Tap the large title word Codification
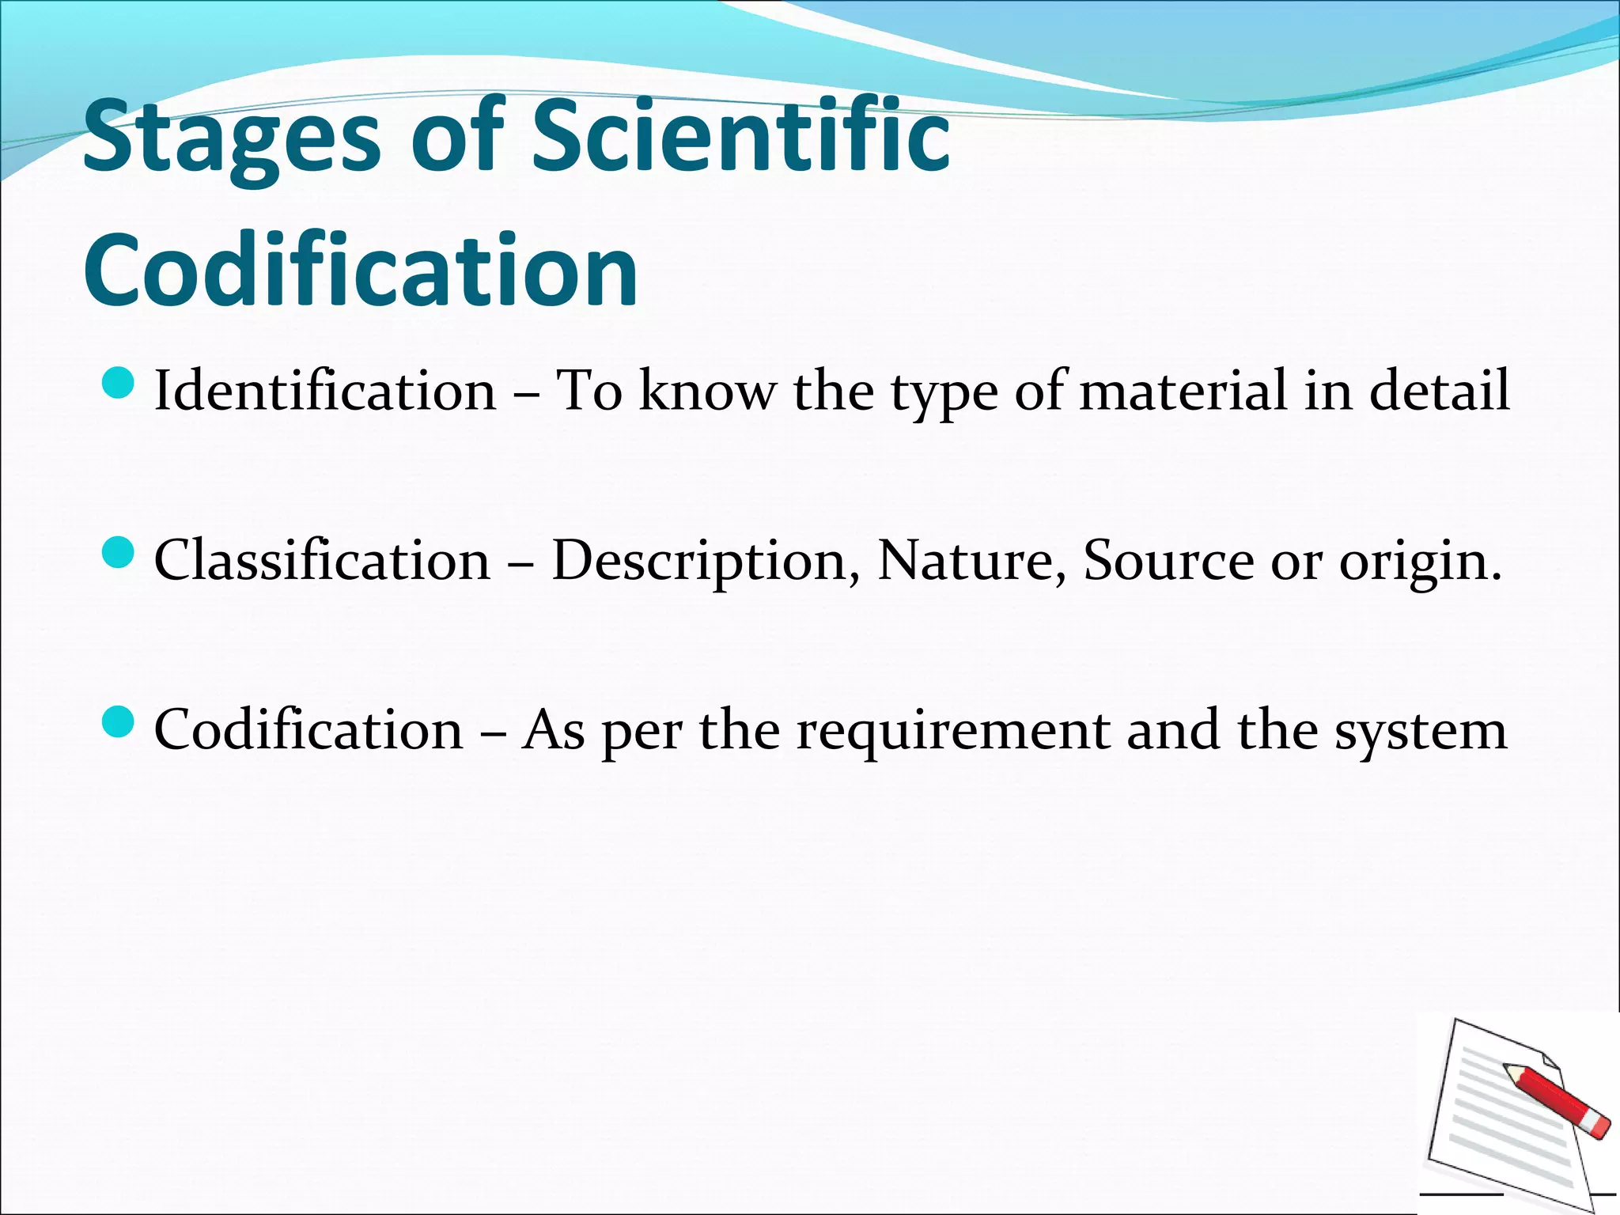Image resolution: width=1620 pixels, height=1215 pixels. click(x=361, y=271)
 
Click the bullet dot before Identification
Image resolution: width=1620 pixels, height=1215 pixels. click(x=119, y=383)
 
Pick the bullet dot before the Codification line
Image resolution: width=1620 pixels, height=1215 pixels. click(x=119, y=721)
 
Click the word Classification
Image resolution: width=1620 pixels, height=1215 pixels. click(x=322, y=560)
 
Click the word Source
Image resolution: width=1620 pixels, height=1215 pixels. click(x=1168, y=560)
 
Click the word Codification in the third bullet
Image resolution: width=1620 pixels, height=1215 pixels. click(x=308, y=729)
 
